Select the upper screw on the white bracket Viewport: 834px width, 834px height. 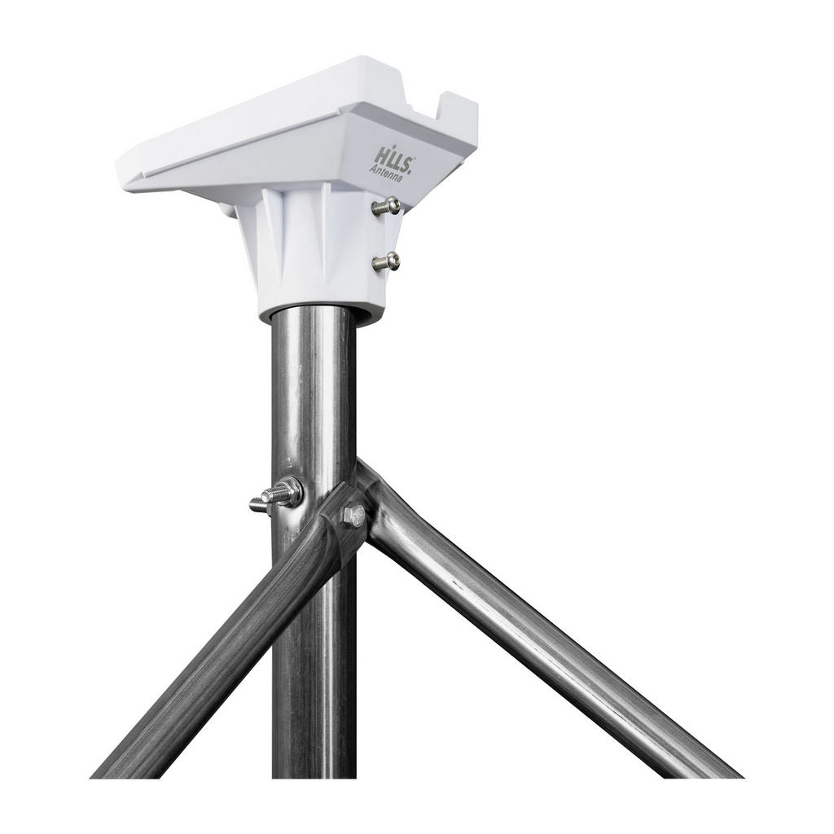tap(385, 206)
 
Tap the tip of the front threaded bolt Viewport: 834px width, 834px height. tap(252, 503)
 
